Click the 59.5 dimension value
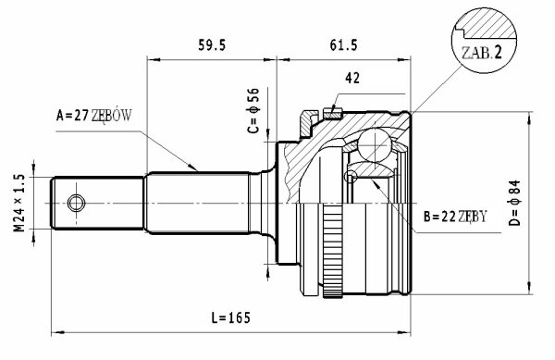(212, 45)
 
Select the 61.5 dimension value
(344, 45)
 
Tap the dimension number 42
(352, 78)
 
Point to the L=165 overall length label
(230, 317)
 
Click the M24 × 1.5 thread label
(19, 203)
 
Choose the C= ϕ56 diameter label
(253, 110)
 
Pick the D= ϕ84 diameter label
(515, 203)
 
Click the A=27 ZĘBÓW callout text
(93, 115)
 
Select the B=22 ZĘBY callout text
(455, 216)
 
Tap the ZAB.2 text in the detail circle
(482, 53)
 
